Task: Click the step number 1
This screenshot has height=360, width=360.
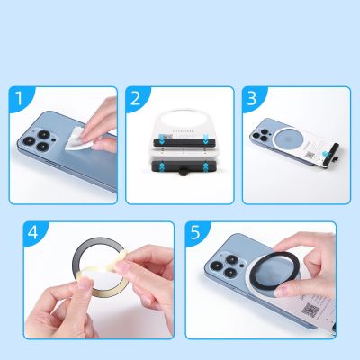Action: [x=19, y=100]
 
